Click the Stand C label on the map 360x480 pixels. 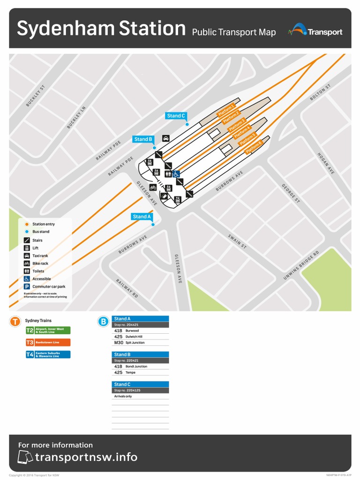[x=176, y=116]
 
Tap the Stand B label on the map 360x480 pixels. [x=143, y=139]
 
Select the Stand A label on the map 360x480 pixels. [x=142, y=217]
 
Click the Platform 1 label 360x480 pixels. [x=226, y=111]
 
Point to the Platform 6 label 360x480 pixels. [x=254, y=147]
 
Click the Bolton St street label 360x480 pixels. [x=320, y=92]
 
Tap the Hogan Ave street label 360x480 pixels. [x=326, y=164]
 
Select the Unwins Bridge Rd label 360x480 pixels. [x=301, y=266]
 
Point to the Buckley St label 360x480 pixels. [x=35, y=96]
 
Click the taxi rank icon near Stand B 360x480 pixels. [x=166, y=138]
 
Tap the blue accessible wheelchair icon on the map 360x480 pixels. [x=176, y=174]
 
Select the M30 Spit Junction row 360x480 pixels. [x=140, y=343]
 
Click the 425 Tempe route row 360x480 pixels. [x=140, y=372]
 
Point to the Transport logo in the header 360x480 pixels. [x=315, y=31]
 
